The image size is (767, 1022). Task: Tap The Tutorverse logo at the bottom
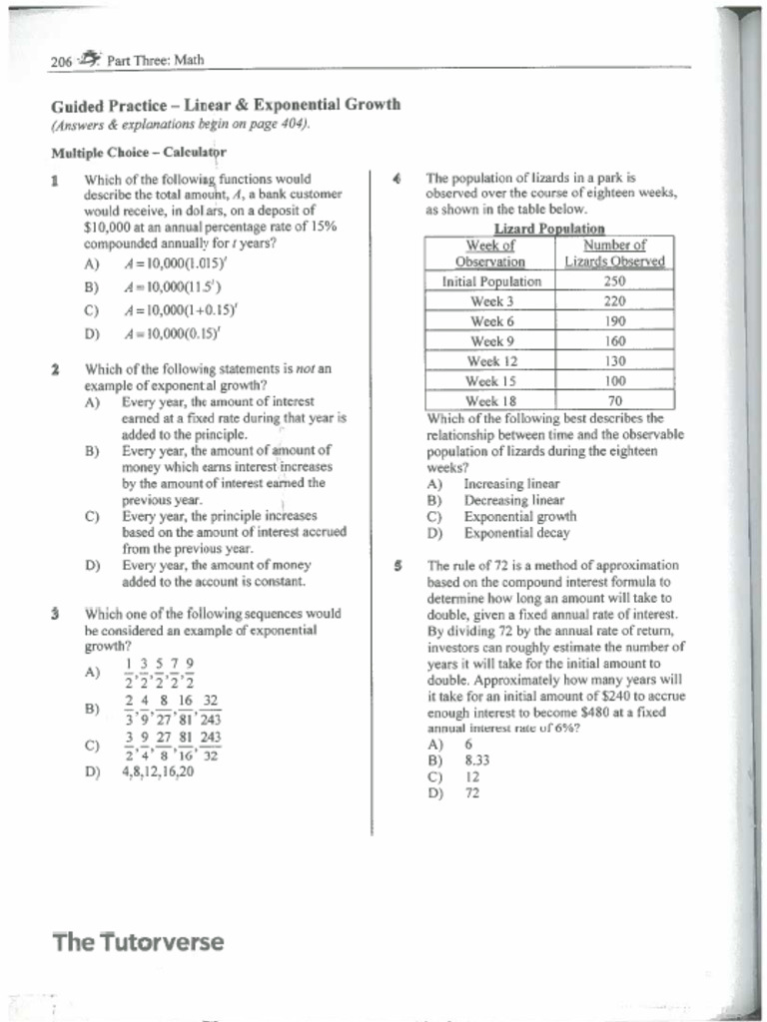coord(138,941)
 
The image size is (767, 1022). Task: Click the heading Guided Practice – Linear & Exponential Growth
coord(226,105)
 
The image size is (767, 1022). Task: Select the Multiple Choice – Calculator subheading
coord(139,153)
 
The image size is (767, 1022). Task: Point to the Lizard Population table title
coord(549,229)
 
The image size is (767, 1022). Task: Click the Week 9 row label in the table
coord(491,341)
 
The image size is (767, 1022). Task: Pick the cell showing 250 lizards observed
coord(615,281)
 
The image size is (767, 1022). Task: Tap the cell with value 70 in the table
coord(615,401)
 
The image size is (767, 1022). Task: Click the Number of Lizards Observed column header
coord(615,253)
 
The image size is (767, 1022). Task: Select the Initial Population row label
coord(491,281)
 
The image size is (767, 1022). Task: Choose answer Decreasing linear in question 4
coord(513,500)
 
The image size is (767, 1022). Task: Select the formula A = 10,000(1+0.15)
coord(172,309)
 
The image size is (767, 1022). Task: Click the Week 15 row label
coord(491,381)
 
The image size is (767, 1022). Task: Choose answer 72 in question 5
coord(471,793)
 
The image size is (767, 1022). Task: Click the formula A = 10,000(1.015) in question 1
coord(172,264)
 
